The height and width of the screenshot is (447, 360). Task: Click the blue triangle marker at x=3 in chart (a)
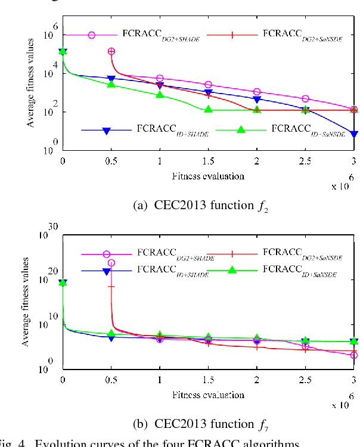click(x=353, y=134)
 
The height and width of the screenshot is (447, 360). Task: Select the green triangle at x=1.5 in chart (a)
click(x=208, y=109)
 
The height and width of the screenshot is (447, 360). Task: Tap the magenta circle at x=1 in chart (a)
click(x=160, y=79)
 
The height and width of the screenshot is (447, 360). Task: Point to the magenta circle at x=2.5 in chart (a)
click(x=305, y=99)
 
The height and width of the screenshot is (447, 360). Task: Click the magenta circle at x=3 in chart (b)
click(x=353, y=355)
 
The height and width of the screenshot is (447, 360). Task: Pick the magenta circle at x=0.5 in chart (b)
click(x=111, y=263)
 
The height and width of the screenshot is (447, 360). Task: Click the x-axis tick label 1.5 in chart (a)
click(x=208, y=161)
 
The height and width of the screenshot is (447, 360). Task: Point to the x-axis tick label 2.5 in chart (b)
click(x=305, y=380)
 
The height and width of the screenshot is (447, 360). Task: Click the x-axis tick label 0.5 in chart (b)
click(x=111, y=380)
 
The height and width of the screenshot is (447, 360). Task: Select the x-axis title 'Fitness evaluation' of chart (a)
click(x=208, y=176)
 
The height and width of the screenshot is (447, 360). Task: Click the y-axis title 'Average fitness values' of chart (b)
click(x=26, y=302)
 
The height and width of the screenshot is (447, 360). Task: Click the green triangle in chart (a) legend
click(x=241, y=130)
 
